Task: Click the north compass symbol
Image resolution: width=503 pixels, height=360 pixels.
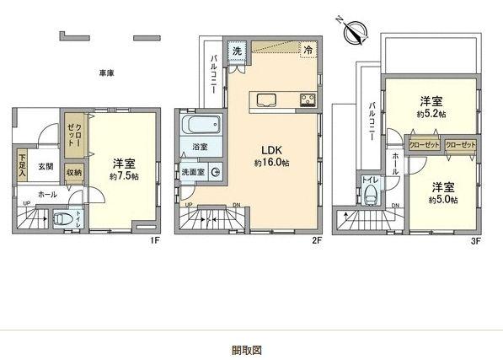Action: (x=358, y=33)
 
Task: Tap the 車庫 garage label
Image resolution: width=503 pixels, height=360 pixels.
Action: (x=106, y=73)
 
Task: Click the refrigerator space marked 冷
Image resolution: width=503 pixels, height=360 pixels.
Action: (x=309, y=50)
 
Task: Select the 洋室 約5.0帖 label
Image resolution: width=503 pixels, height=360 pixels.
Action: (x=441, y=193)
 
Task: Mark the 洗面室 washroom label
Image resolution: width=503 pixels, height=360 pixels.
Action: (x=193, y=172)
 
